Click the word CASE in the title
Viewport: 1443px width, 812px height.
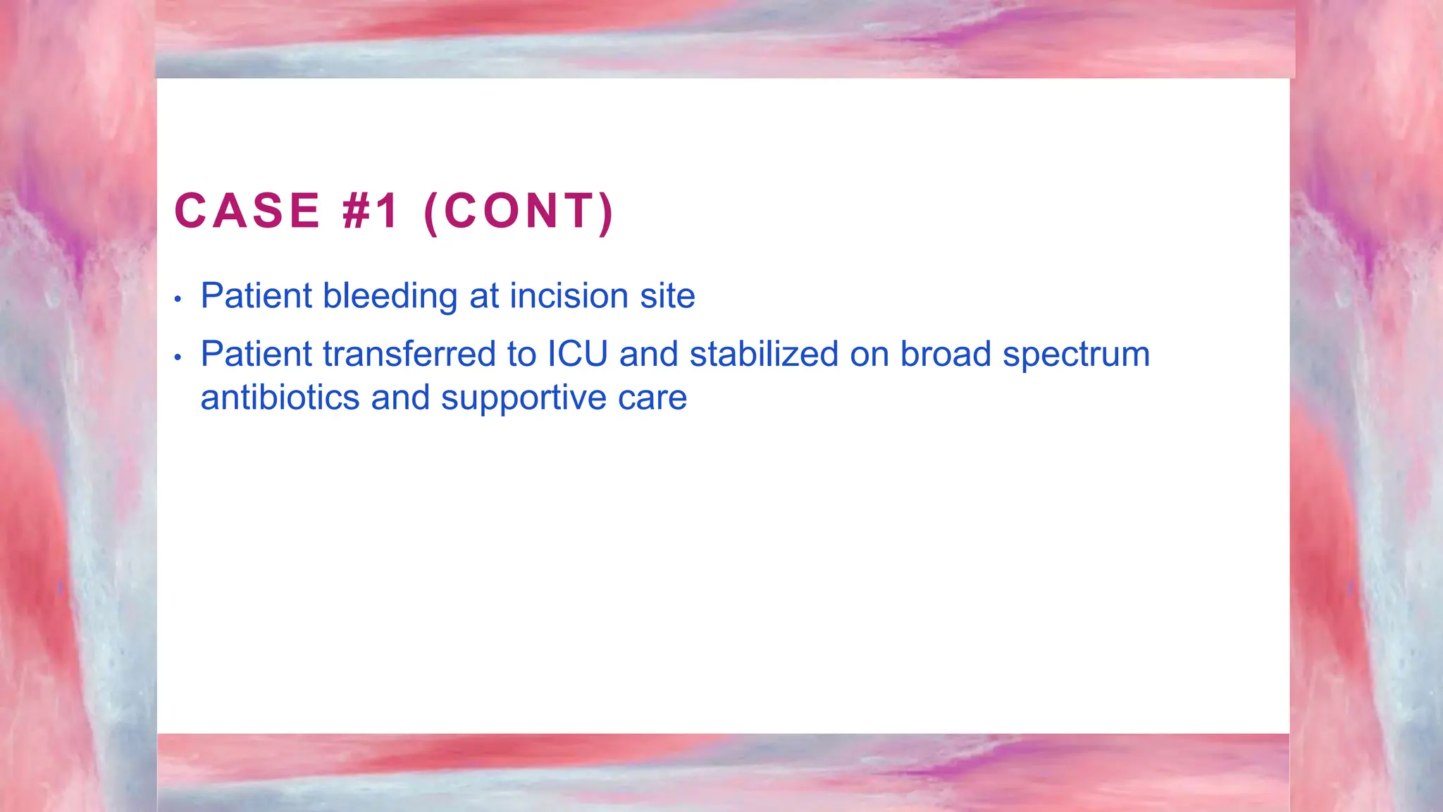click(x=247, y=211)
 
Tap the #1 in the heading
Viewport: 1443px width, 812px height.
click(x=371, y=211)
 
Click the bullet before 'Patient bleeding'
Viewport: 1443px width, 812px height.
click(x=178, y=300)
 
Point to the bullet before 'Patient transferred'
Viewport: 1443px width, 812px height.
click(x=178, y=358)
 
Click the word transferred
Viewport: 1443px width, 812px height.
click(x=409, y=354)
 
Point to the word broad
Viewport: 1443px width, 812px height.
click(x=946, y=354)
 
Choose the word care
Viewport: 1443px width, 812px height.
click(x=652, y=399)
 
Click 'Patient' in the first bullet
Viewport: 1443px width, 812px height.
click(x=256, y=296)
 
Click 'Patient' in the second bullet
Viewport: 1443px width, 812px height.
click(x=256, y=354)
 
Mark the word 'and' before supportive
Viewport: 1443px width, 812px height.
click(x=400, y=398)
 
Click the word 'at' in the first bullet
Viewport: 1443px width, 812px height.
click(x=484, y=296)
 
